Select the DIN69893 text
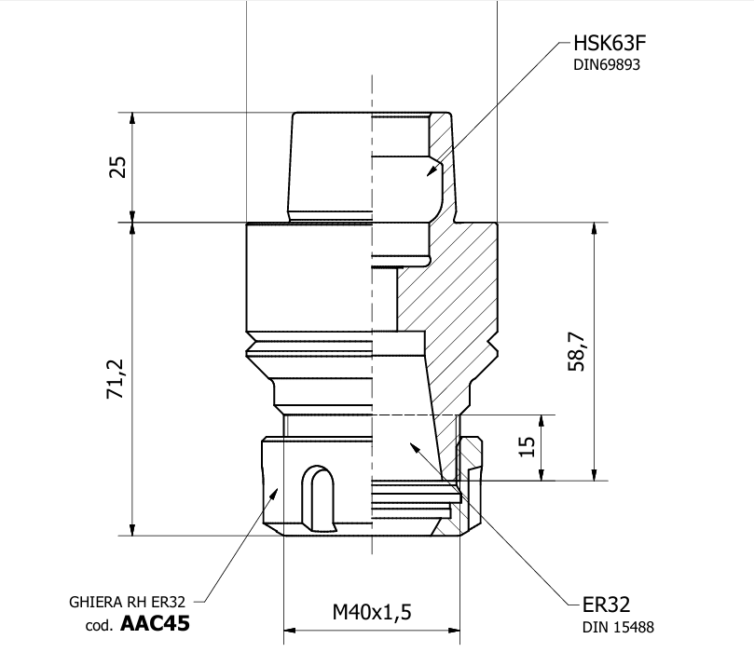607,65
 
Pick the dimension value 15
528,448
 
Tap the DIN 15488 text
618,627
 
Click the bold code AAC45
155,624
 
